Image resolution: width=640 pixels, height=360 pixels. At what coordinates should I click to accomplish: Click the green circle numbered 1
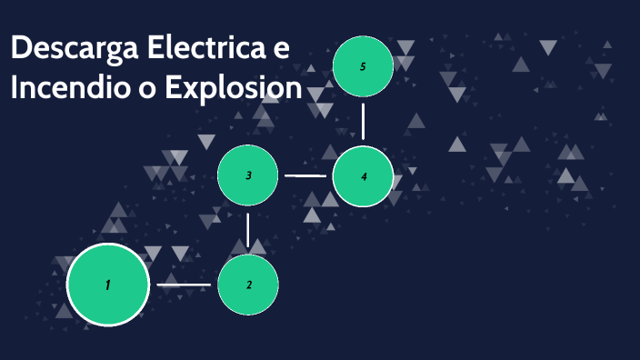click(107, 285)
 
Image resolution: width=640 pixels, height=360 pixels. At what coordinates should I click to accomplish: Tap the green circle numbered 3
click(248, 175)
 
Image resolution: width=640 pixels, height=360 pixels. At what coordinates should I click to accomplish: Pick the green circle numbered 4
click(364, 176)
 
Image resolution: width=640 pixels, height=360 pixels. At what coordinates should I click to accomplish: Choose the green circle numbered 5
click(363, 66)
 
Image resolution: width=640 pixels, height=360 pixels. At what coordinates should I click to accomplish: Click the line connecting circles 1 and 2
click(184, 285)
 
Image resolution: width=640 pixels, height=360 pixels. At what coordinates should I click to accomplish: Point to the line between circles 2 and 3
click(248, 231)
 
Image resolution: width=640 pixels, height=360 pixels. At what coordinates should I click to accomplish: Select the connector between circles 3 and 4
click(305, 175)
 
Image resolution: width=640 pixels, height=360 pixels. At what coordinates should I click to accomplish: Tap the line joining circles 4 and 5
click(364, 121)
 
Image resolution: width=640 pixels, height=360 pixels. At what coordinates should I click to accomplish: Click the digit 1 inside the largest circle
click(107, 285)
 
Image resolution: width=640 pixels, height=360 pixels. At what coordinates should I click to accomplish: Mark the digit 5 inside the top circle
click(363, 66)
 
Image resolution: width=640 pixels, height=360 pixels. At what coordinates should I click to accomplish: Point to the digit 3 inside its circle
click(248, 175)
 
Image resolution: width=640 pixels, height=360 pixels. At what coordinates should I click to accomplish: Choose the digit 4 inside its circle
click(364, 176)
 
